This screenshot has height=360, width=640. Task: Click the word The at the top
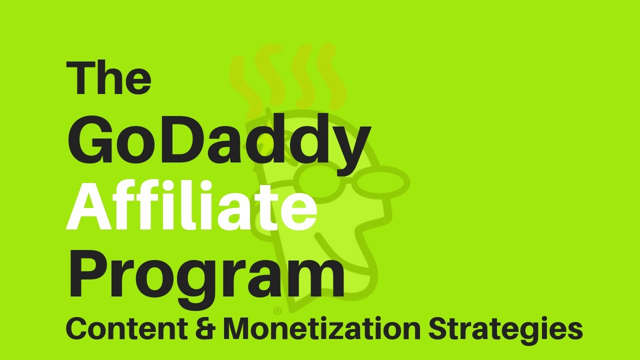tap(108, 78)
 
